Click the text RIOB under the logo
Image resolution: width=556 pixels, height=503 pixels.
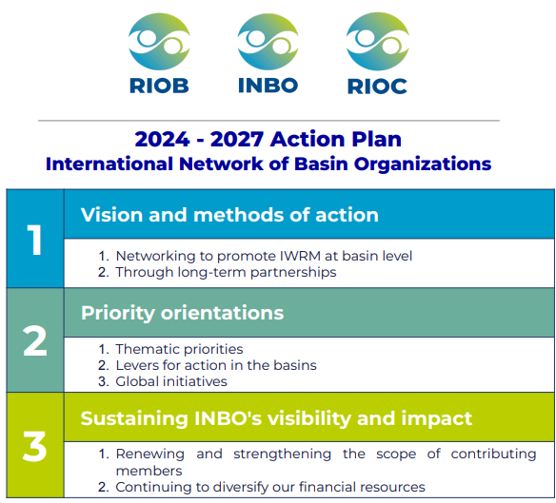(x=159, y=86)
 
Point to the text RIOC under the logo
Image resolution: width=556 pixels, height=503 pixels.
(x=377, y=86)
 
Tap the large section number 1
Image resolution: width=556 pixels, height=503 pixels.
(x=34, y=240)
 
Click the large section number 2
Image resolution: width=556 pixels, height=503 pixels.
(x=34, y=340)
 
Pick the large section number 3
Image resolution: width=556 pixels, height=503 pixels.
(x=34, y=446)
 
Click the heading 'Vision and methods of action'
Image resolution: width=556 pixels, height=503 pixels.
(x=229, y=215)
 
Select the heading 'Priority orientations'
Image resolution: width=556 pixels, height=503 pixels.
(x=182, y=313)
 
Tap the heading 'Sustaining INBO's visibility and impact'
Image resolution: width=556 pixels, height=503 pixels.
(x=276, y=418)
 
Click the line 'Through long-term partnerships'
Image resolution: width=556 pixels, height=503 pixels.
(x=226, y=272)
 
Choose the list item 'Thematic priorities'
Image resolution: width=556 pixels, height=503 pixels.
(x=179, y=349)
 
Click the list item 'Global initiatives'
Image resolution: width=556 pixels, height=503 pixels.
(x=171, y=381)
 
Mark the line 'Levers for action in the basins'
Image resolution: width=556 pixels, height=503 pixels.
(x=216, y=365)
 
